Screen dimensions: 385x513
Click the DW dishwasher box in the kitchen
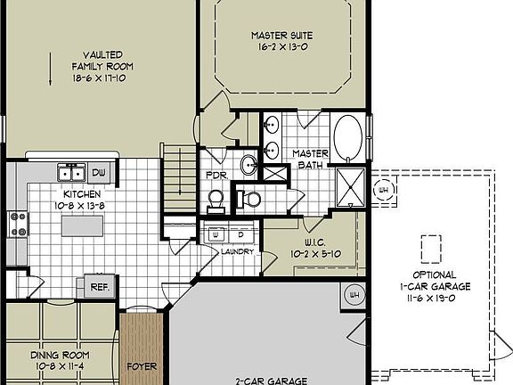click(99, 172)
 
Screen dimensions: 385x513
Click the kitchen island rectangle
click(82, 226)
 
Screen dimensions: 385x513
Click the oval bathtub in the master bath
click(347, 139)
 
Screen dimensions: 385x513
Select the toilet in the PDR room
click(215, 199)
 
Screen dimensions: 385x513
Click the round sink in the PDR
click(249, 163)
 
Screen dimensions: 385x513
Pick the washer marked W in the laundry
click(216, 235)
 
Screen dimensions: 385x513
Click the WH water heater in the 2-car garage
click(354, 295)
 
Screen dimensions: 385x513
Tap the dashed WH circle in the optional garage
click(385, 189)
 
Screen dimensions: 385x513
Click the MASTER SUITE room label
click(281, 36)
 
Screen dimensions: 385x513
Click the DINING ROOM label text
click(60, 354)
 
